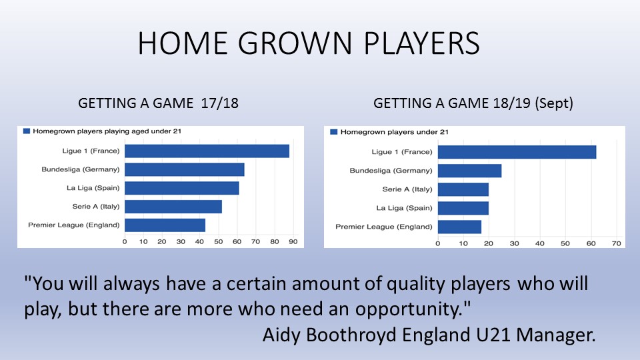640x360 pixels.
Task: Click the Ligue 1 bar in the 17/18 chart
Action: [x=207, y=151]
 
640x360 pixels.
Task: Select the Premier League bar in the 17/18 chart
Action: [x=165, y=225]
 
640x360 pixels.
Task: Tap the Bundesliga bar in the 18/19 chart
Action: [x=470, y=171]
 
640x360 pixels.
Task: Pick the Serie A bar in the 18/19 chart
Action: [x=463, y=189]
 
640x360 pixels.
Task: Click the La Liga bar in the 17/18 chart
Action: [x=182, y=188]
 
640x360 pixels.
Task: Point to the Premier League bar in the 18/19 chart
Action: [x=459, y=227]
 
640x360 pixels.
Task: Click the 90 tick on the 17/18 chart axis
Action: [x=293, y=241]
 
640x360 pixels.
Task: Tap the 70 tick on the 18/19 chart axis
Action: [x=616, y=244]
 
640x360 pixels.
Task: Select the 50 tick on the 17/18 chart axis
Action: [x=219, y=241]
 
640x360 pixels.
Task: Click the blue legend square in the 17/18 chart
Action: [x=27, y=131]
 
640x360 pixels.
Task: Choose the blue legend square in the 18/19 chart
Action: [x=333, y=132]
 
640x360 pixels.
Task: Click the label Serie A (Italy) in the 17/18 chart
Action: [x=96, y=207]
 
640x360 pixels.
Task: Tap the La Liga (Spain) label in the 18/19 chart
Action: [x=404, y=208]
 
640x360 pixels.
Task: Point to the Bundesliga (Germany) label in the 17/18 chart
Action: [x=81, y=169]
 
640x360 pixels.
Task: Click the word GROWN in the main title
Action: [x=295, y=43]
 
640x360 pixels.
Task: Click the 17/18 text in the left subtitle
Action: [x=219, y=103]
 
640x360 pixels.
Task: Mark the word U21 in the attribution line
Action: [x=493, y=335]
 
